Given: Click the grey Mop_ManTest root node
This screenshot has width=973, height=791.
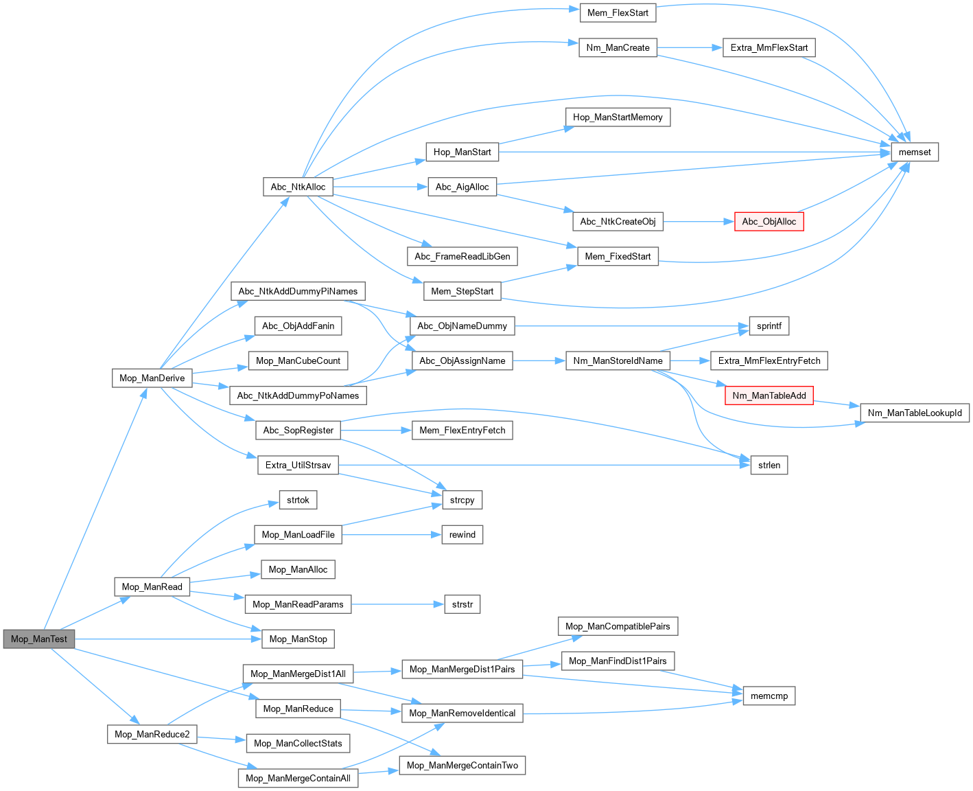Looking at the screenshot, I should (x=39, y=639).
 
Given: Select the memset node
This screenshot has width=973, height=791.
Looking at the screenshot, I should (x=915, y=152).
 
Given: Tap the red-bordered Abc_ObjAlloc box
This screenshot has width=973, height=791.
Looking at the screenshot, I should (x=769, y=221).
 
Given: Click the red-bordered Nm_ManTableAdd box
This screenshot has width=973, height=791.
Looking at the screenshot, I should (x=769, y=395).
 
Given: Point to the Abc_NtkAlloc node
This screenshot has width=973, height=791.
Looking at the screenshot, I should (x=298, y=187).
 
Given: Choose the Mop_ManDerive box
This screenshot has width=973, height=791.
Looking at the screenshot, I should (x=152, y=378).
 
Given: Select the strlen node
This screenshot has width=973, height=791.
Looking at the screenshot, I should (x=769, y=465).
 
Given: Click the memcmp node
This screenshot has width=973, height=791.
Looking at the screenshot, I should (x=769, y=696).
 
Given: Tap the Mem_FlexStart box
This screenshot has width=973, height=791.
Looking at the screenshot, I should (x=618, y=12).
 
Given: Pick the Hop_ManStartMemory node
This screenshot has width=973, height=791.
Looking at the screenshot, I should (x=618, y=117).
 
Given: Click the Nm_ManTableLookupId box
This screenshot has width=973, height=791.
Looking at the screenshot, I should (x=915, y=413).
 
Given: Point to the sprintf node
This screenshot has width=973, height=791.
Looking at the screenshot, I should (x=769, y=325).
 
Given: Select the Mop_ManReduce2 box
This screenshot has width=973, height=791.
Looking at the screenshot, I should (x=152, y=734).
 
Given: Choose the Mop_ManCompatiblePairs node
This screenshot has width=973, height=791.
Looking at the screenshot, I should (x=618, y=626).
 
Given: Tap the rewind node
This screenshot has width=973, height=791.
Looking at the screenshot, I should (x=462, y=534).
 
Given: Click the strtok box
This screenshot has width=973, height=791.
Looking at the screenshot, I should (x=298, y=500).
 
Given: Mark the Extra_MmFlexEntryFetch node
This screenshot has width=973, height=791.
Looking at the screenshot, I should (x=769, y=360).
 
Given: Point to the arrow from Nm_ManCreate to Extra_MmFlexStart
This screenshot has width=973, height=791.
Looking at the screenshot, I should (x=690, y=47).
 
